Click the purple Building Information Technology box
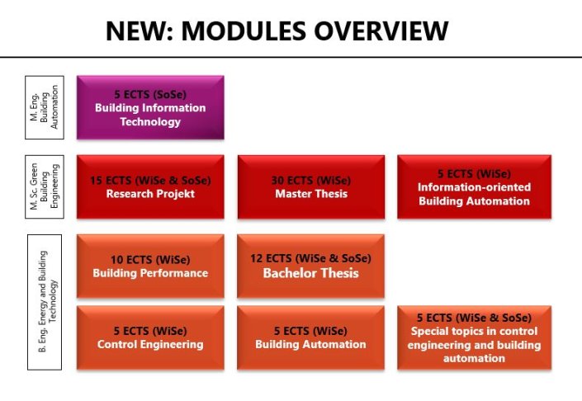pyautogui.click(x=149, y=108)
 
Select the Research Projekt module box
pyautogui.click(x=149, y=187)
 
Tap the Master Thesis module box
pyautogui.click(x=310, y=187)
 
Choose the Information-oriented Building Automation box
pyautogui.click(x=474, y=187)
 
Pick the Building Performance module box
pyautogui.click(x=149, y=266)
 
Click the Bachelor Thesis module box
pyautogui.click(x=310, y=266)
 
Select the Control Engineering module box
pyautogui.click(x=149, y=337)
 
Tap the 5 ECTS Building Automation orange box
pyautogui.click(x=310, y=337)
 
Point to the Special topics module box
pyautogui.click(x=474, y=337)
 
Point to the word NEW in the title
pyautogui.click(x=136, y=31)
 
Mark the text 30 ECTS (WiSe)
pyautogui.click(x=310, y=180)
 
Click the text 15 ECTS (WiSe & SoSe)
pyautogui.click(x=149, y=180)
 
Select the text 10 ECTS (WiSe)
pyautogui.click(x=149, y=259)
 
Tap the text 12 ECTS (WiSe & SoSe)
pyautogui.click(x=310, y=257)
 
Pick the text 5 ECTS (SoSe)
pyautogui.click(x=149, y=94)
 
